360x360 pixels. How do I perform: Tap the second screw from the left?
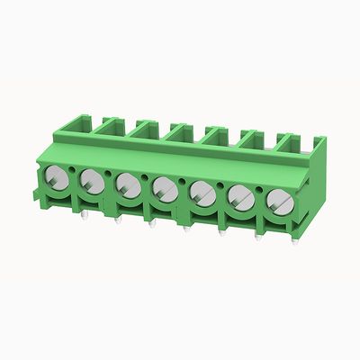click(91, 180)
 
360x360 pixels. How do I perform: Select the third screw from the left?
click(127, 184)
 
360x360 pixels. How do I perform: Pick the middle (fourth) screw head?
click(164, 189)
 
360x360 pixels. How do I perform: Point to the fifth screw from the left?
click(202, 193)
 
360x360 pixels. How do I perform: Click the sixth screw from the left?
click(239, 196)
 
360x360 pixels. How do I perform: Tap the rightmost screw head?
click(275, 200)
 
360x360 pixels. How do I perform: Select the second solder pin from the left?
click(117, 219)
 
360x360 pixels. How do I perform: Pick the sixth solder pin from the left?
click(258, 238)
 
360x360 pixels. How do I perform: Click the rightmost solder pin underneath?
click(293, 241)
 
